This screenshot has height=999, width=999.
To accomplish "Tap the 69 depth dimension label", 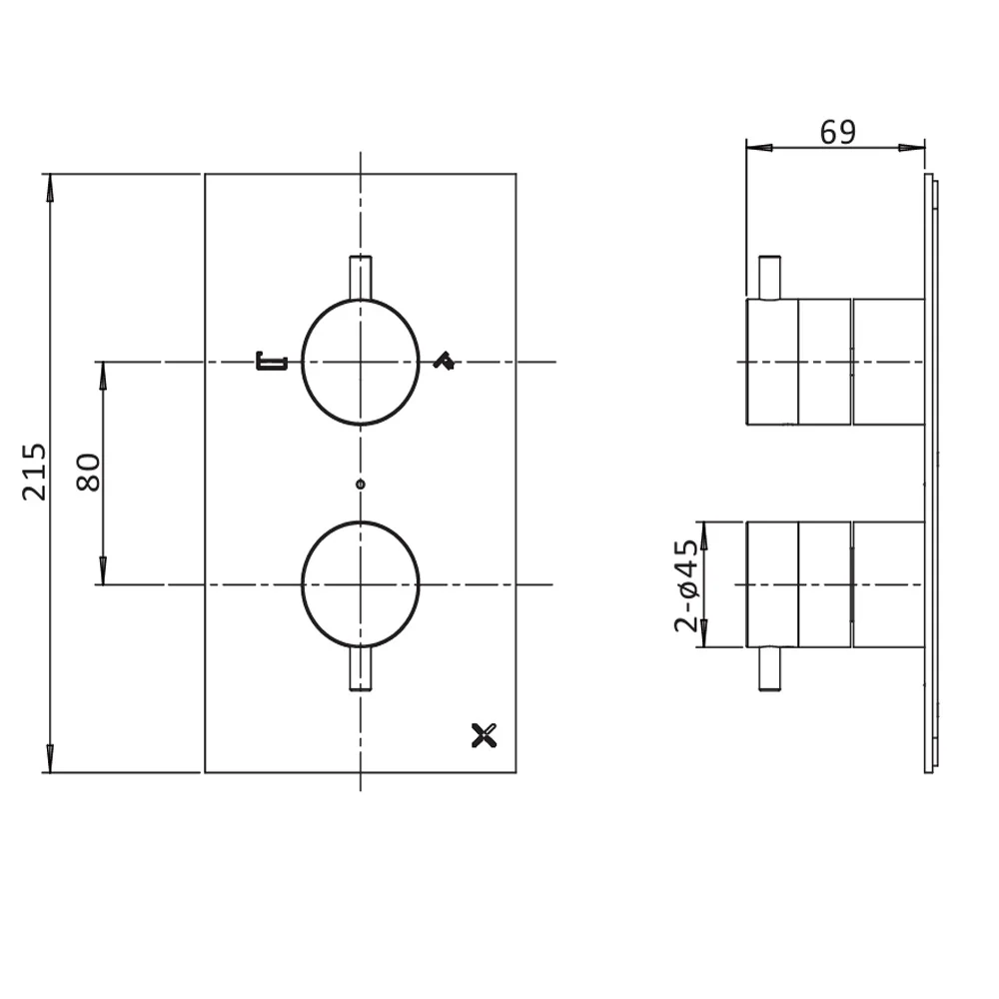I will [837, 132].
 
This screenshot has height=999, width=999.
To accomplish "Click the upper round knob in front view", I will [360, 362].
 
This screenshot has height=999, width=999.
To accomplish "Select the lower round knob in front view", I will [360, 584].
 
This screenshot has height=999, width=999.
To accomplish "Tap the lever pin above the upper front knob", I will [360, 277].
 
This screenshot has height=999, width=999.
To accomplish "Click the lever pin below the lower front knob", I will [360, 668].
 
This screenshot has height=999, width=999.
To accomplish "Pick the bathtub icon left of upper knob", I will [272, 361].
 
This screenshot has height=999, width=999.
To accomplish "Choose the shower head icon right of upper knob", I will [444, 362].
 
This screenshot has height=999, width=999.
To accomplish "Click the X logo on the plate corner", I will [484, 737].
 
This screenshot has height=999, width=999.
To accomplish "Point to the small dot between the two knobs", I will [361, 485].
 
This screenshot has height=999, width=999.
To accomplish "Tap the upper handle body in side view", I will [835, 362].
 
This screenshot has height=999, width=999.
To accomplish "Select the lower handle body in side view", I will [835, 584].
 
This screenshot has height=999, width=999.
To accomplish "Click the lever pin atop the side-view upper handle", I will [769, 277].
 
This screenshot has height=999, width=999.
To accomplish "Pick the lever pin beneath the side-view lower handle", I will [769, 669].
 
